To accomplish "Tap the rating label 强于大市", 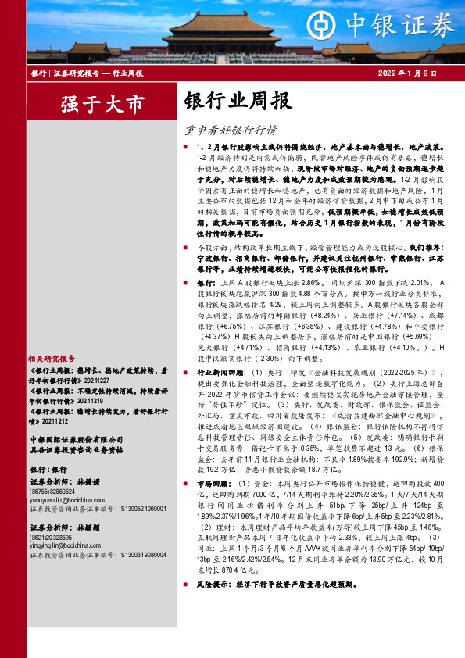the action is (x=92, y=103).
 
